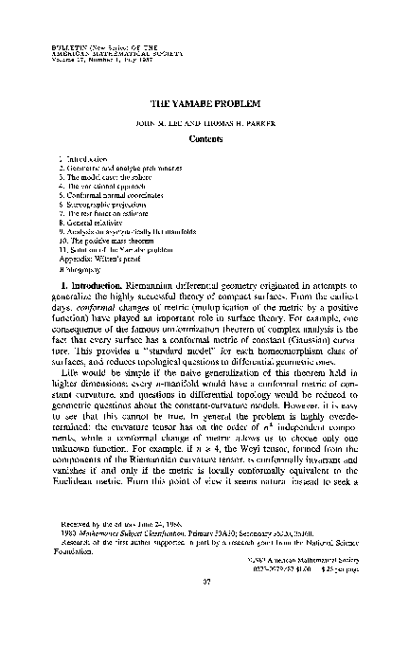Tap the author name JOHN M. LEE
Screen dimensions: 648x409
[166, 119]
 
